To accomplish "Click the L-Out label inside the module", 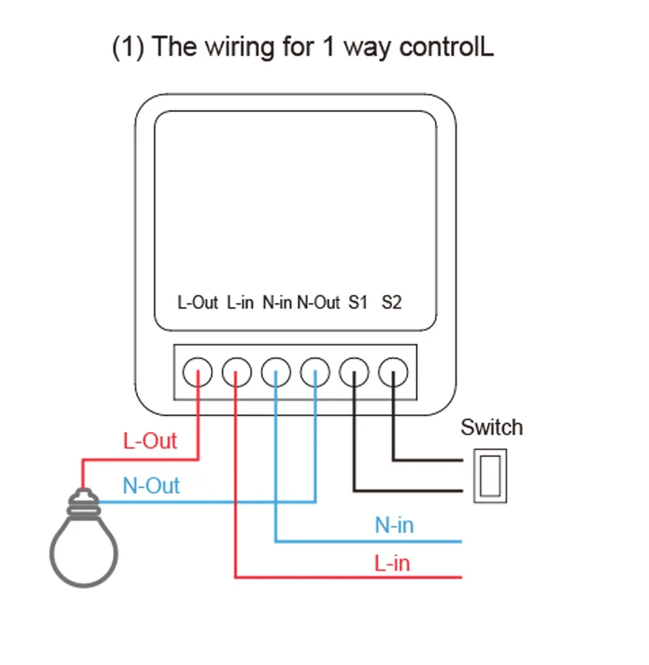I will pos(198,303).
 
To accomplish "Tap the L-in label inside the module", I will pos(240,303).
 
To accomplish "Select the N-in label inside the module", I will pos(277,303).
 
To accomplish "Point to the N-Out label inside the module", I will pos(318,303).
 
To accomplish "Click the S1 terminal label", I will pos(358,303).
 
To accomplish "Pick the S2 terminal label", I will pos(391,303).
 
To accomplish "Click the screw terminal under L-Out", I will pos(198,373).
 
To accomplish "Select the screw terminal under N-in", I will pos(276,373).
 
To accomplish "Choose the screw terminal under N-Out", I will pos(315,373).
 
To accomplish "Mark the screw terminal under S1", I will pos(354,373).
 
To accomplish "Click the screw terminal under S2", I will pos(393,373).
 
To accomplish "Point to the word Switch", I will pos(492,427).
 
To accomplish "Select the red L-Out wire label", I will pos(150,442).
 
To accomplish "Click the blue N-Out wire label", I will pos(151,486).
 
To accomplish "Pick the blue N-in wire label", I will pos(394,525).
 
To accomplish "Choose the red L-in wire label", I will pos(392,563).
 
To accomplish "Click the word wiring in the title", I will pos(240,46).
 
